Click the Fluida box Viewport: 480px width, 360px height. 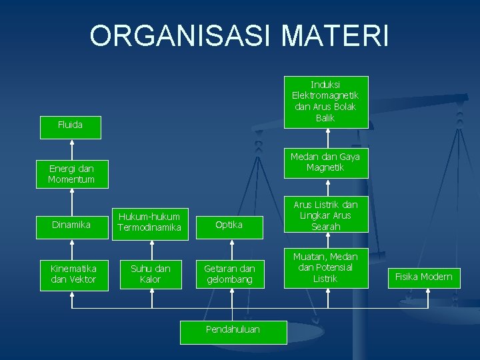pyautogui.click(x=70, y=125)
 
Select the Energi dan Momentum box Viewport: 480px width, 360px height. pyautogui.click(x=70, y=174)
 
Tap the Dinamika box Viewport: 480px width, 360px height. pyautogui.click(x=71, y=225)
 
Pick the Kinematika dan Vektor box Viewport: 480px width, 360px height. pyautogui.click(x=73, y=274)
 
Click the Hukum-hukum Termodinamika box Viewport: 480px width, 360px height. pyautogui.click(x=149, y=222)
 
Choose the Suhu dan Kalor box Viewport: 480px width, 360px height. pyautogui.click(x=150, y=274)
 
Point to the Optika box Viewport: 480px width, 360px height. pyautogui.click(x=229, y=225)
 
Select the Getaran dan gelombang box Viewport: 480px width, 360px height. pyautogui.click(x=229, y=274)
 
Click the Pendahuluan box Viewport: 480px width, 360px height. pyautogui.click(x=233, y=329)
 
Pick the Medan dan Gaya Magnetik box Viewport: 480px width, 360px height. pyautogui.click(x=325, y=162)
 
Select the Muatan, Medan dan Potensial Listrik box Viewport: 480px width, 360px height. pyautogui.click(x=325, y=267)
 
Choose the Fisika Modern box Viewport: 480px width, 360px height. pyautogui.click(x=423, y=277)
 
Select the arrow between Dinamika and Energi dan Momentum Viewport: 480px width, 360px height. pyautogui.click(x=71, y=201)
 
